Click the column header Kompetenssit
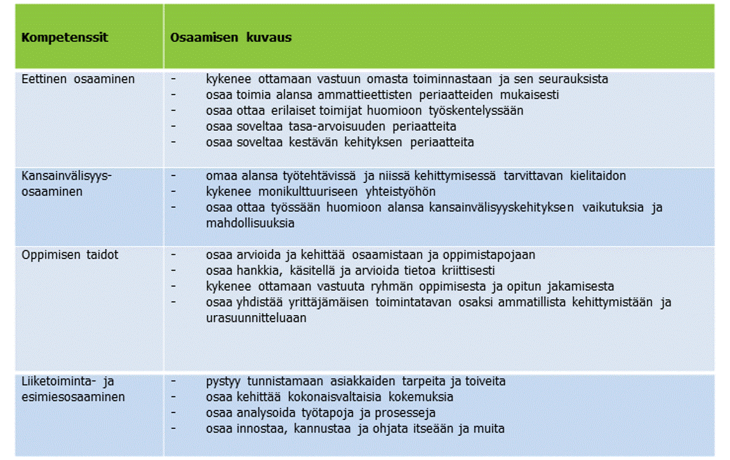(x=65, y=37)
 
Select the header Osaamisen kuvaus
(x=230, y=37)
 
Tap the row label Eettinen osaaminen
(x=78, y=79)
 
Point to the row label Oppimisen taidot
(x=70, y=255)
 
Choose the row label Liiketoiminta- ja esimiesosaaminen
(x=73, y=389)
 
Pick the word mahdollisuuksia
(x=250, y=224)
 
